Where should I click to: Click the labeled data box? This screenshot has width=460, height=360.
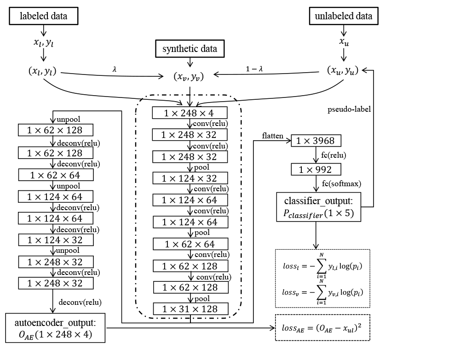pos(44,16)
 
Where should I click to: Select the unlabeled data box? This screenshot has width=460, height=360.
pos(343,16)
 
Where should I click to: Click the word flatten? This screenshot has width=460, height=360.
pos(272,136)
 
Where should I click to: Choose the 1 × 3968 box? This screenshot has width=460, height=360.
pos(316,141)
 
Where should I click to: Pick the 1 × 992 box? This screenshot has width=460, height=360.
pos(316,170)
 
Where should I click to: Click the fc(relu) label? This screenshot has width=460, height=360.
pos(333,155)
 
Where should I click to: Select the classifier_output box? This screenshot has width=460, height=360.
pos(318,207)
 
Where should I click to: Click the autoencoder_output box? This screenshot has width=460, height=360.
pos(56,328)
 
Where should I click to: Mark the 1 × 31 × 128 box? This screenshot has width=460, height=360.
pos(190,309)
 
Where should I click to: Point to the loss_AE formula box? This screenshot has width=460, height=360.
pos(322,328)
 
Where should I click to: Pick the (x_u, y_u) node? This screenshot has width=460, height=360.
pos(343,71)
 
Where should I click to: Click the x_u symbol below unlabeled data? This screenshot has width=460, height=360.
pos(343,42)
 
